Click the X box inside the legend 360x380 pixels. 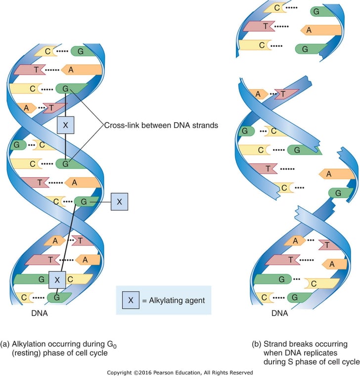click(x=131, y=300)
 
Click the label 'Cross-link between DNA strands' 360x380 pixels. click(x=161, y=125)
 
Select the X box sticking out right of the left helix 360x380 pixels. click(x=119, y=202)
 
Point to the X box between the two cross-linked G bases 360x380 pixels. click(x=65, y=126)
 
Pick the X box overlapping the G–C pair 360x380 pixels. click(x=57, y=280)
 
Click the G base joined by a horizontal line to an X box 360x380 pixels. click(x=84, y=202)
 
